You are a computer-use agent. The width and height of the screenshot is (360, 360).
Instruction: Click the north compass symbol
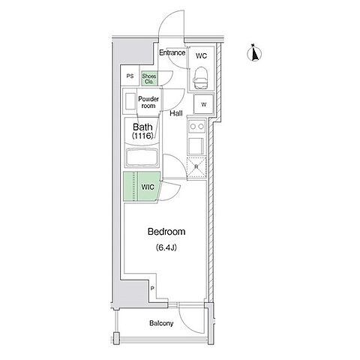point(254,53)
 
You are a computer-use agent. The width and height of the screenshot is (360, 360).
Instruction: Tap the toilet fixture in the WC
point(201,78)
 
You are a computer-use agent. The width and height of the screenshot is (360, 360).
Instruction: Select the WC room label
point(201,55)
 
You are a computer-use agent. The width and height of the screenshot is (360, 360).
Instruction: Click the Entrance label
point(172,52)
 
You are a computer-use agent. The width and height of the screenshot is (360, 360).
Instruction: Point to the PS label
point(130,76)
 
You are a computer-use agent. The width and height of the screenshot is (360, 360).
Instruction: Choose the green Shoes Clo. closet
point(149,79)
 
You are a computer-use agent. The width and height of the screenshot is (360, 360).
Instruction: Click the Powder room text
point(148,102)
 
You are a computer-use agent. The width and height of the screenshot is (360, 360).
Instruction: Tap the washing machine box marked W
point(204,104)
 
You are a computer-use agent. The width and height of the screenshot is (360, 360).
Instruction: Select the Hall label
point(176,113)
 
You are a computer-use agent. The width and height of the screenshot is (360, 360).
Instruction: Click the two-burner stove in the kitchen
point(196,127)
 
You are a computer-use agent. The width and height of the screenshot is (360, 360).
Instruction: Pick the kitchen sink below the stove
point(196,146)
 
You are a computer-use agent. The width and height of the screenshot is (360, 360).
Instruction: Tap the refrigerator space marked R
point(196,167)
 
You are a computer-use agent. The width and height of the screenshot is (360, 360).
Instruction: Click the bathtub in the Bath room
point(142,157)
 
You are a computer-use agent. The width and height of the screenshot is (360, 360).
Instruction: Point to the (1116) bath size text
point(142,136)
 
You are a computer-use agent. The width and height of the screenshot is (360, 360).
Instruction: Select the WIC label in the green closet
point(148,187)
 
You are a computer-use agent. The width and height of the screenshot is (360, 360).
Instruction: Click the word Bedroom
point(166,232)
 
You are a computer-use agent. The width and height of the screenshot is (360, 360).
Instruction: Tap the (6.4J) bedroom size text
point(166,247)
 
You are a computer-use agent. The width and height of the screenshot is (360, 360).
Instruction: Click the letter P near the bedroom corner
point(152,289)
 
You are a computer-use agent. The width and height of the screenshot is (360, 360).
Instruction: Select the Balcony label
point(161,323)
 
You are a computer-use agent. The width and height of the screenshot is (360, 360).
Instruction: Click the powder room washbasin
point(130,101)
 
